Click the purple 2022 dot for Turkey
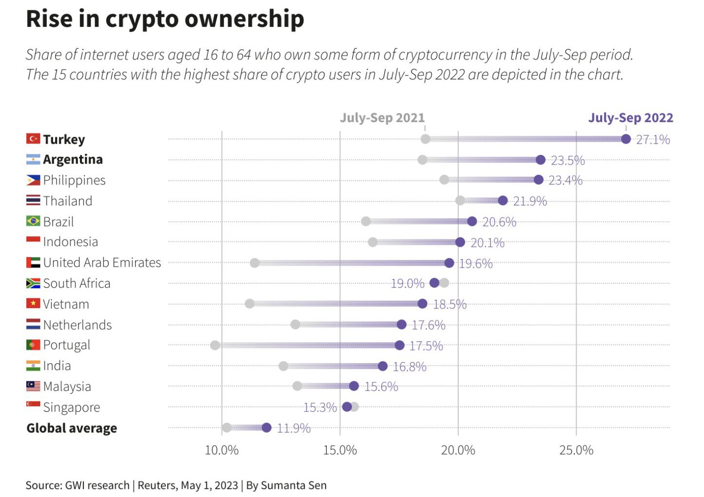point(626,139)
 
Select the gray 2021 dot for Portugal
point(215,345)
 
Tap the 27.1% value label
point(653,140)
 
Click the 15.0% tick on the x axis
point(340,450)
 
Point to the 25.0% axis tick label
point(576,450)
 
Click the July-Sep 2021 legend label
point(382,118)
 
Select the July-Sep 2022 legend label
point(630,118)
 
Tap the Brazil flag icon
point(33,221)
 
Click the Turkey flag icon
point(33,139)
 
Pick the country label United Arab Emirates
point(102,263)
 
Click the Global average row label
point(72,428)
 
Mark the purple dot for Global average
point(266,428)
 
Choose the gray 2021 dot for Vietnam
point(250,304)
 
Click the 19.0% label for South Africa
point(408,283)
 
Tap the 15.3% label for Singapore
point(320,407)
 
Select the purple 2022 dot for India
point(383,366)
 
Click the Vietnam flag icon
point(33,304)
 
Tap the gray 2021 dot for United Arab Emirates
point(254,263)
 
